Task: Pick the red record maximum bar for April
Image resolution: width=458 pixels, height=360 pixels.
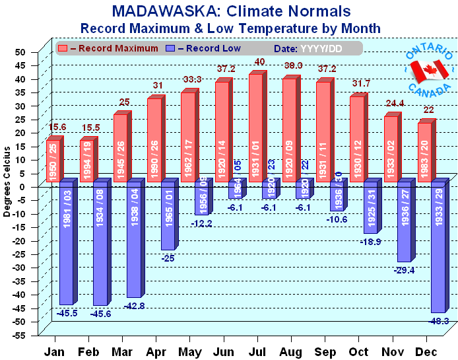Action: [x=154, y=139]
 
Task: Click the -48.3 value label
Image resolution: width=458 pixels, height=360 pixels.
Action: [x=440, y=320]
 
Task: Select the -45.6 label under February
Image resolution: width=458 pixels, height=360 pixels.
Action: [x=100, y=313]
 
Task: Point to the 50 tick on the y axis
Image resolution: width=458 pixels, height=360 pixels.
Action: [x=20, y=52]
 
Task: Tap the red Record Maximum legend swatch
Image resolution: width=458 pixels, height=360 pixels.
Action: [x=63, y=48]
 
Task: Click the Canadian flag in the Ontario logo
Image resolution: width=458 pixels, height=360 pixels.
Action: [x=430, y=69]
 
